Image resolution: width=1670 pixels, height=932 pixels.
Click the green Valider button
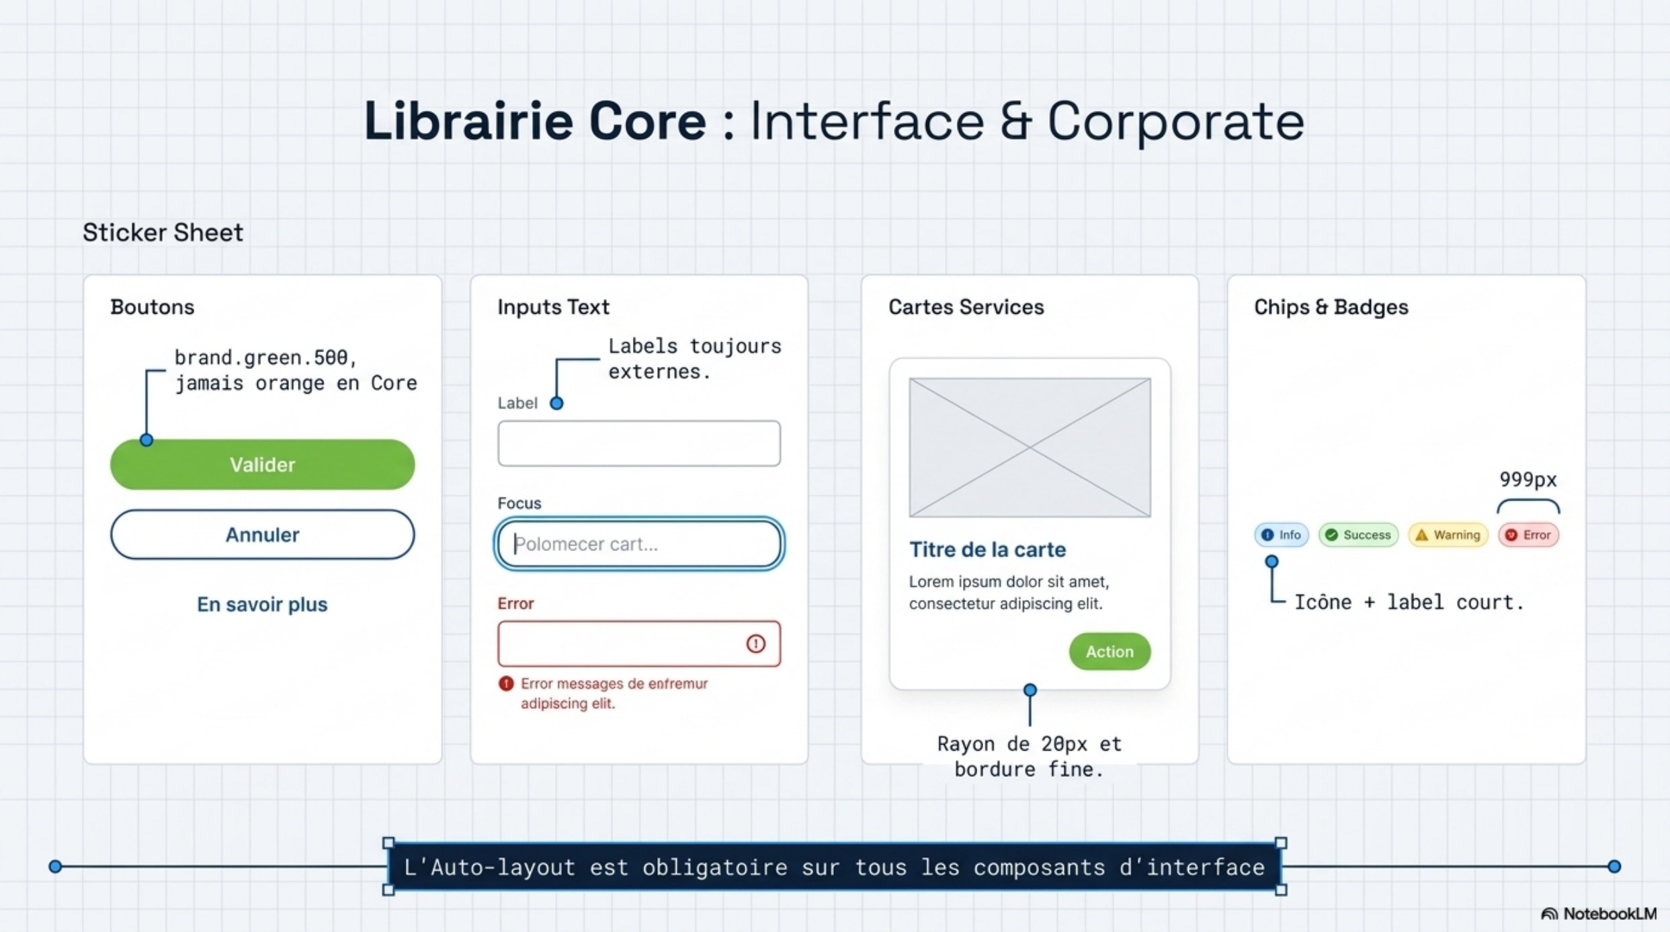[262, 464]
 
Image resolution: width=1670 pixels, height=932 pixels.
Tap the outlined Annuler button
[262, 535]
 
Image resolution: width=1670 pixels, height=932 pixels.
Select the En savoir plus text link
[262, 604]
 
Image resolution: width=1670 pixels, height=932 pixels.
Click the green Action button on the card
[1110, 651]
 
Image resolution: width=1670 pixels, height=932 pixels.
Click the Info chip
[1282, 535]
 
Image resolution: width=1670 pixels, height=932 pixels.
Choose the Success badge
[1358, 535]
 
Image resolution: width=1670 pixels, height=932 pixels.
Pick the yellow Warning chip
[1448, 535]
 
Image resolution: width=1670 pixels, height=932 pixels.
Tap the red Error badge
[1529, 535]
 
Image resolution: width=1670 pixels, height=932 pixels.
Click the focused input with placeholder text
[639, 544]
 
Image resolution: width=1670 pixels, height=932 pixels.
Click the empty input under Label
[639, 443]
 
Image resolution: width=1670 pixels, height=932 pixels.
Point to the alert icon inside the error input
[756, 644]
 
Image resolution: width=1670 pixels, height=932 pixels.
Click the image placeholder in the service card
[1030, 448]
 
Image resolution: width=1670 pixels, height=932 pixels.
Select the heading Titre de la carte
[987, 550]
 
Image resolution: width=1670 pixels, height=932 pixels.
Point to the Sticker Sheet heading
[163, 232]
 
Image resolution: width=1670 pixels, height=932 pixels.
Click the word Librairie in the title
[468, 122]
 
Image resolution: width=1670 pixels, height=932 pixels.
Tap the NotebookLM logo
[1599, 914]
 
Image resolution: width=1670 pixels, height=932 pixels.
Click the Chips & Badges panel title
[1331, 307]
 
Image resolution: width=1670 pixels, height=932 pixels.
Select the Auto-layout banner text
[835, 867]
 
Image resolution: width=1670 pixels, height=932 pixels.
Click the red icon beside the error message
[506, 684]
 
